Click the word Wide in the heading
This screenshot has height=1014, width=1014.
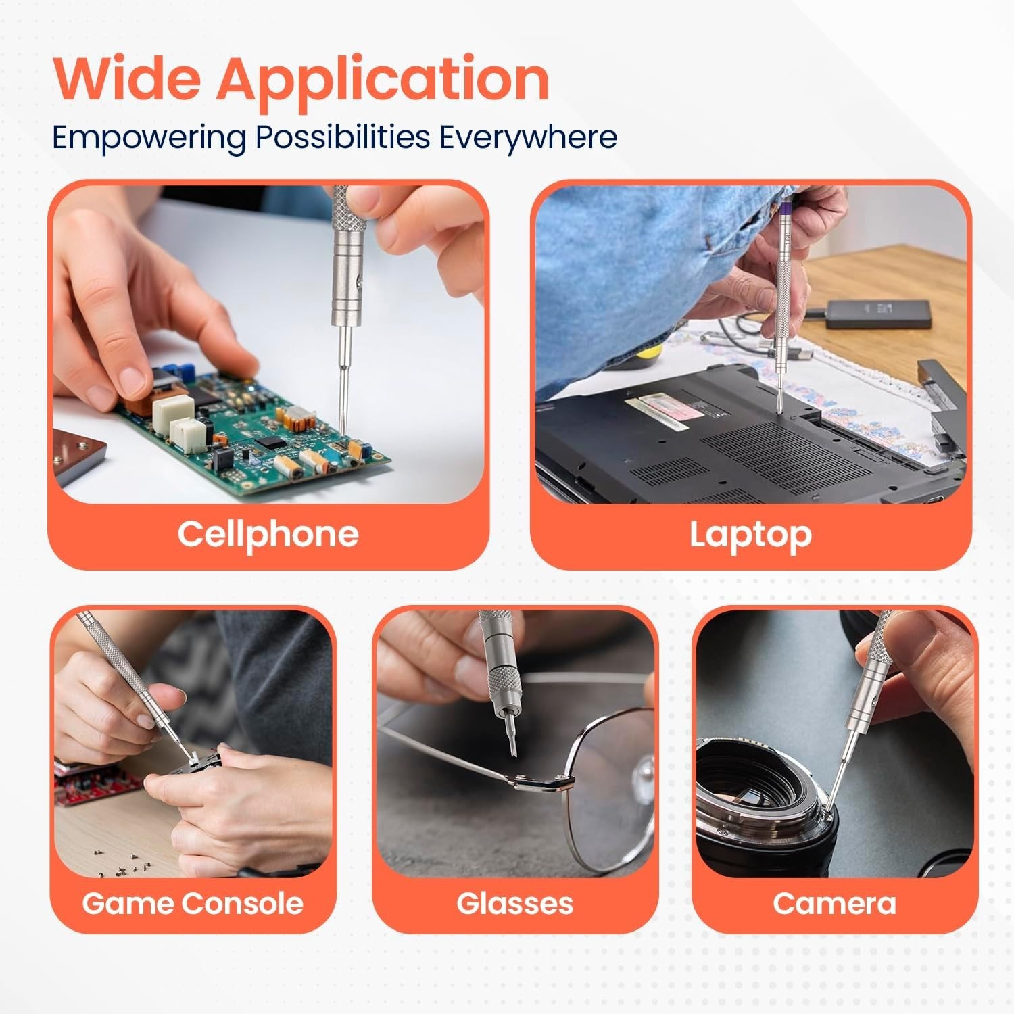126,79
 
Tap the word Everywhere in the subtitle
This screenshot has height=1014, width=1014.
528,137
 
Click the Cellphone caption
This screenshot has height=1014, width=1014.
268,534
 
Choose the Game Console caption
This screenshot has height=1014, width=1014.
193,903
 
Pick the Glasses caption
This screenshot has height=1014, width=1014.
514,903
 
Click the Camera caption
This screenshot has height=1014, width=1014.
834,903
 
